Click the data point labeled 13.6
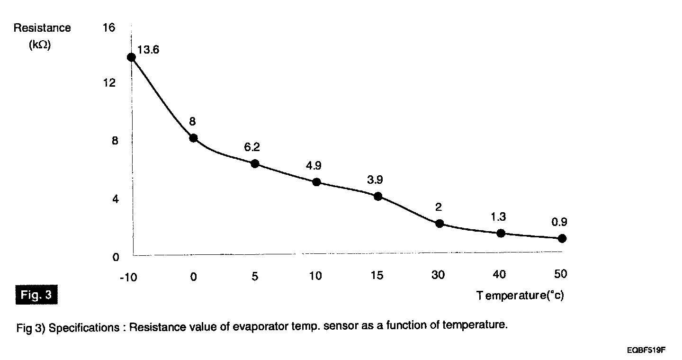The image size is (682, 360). click(x=131, y=57)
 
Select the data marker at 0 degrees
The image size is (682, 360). click(x=193, y=138)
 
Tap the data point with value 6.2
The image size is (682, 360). click(x=255, y=163)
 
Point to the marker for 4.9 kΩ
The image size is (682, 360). click(x=316, y=182)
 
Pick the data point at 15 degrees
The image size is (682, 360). click(x=378, y=196)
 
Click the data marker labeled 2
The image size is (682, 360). click(x=440, y=223)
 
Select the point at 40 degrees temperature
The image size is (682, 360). click(x=501, y=233)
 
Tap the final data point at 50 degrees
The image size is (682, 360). click(x=562, y=238)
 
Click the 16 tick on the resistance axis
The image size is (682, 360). click(x=108, y=27)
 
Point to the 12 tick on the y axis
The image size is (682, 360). click(x=108, y=83)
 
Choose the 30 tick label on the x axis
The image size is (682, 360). click(x=439, y=275)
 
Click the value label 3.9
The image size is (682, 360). click(x=375, y=180)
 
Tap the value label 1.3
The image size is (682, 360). click(x=498, y=217)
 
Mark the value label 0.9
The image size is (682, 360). click(x=559, y=222)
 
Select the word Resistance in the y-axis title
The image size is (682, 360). click(x=42, y=28)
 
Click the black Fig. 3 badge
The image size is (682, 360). click(x=37, y=296)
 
